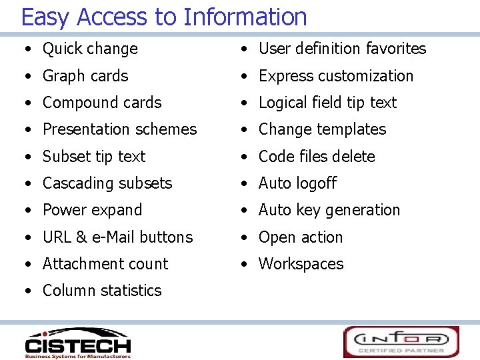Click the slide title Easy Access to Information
point(164,16)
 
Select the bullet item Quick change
point(90,49)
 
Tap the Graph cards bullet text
point(85,76)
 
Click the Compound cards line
point(102,103)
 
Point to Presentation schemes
point(119,129)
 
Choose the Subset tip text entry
point(94,157)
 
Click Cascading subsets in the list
point(107,183)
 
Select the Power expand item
point(92,210)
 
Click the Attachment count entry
point(105,264)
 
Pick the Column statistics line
point(102,291)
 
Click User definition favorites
point(342,49)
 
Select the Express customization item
point(336,76)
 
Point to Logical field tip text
point(327,103)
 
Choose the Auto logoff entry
point(297,183)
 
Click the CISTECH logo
point(77,343)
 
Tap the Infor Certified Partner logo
point(401,341)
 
